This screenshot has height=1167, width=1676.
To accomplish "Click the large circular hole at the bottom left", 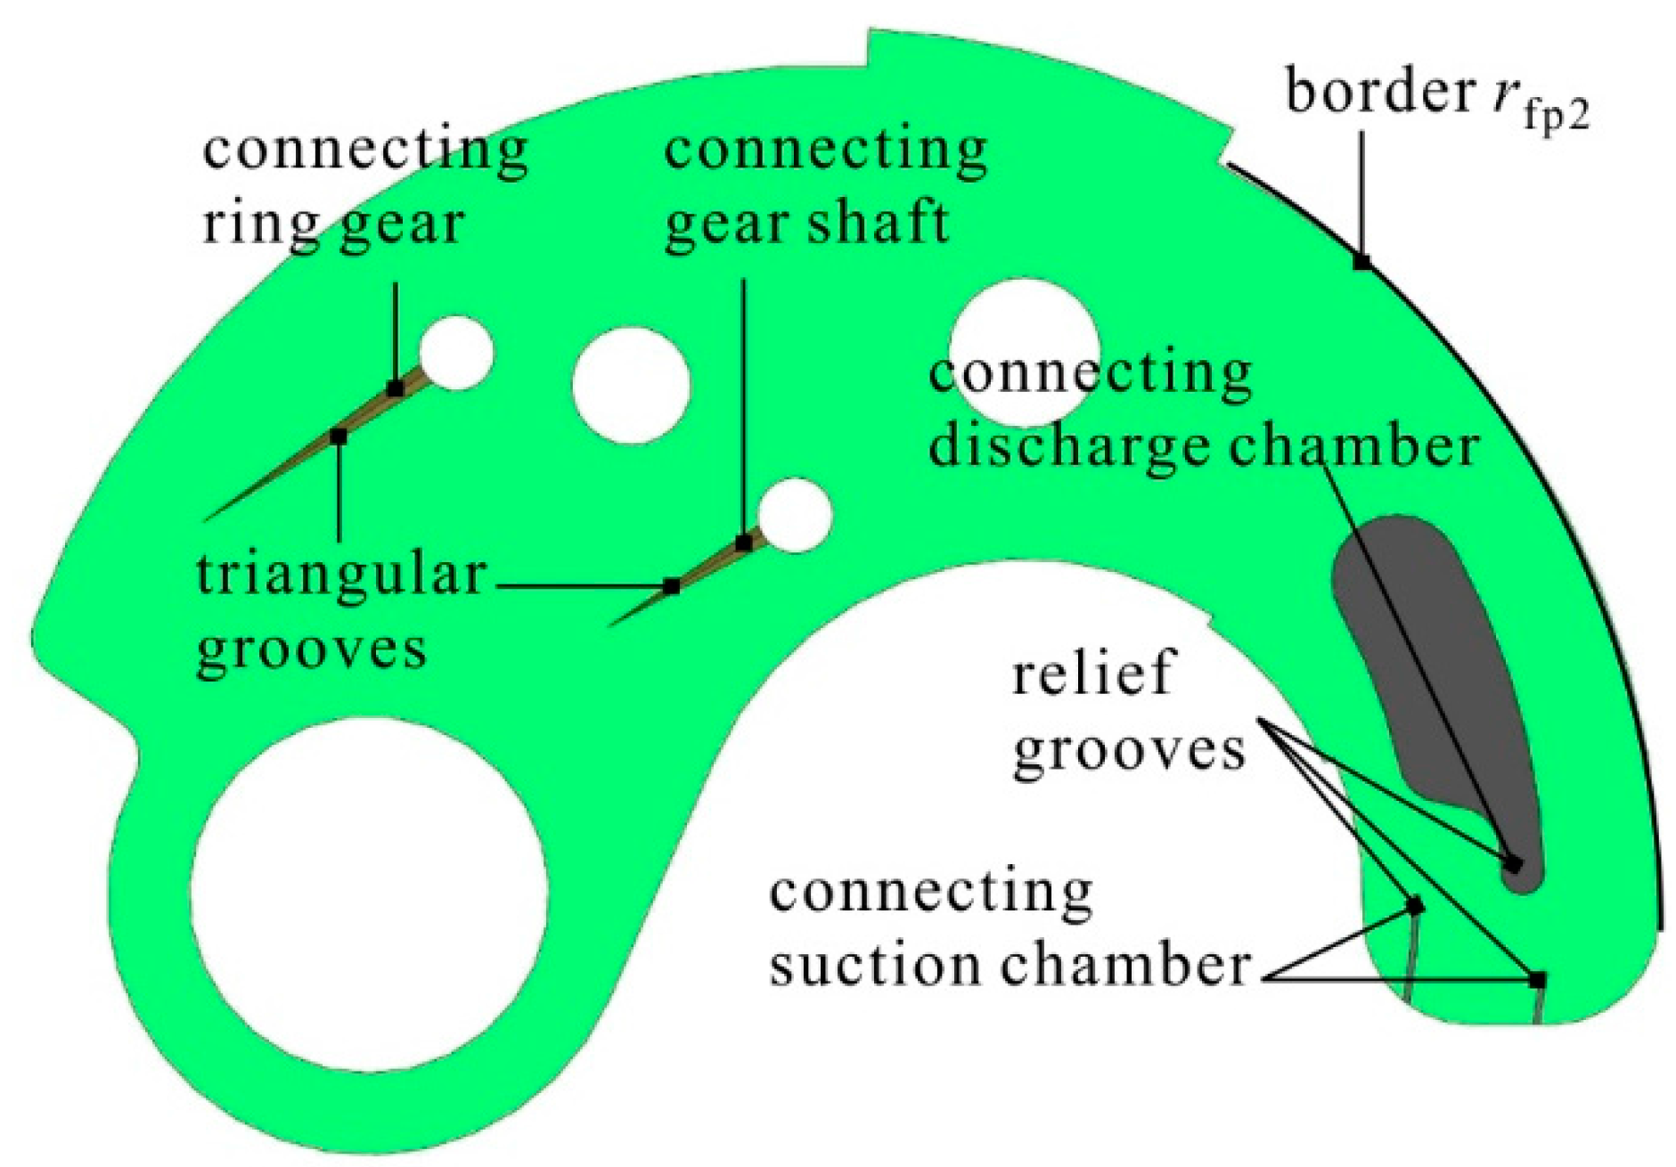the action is tap(369, 894).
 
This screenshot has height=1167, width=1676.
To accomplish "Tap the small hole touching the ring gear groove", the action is tap(456, 353).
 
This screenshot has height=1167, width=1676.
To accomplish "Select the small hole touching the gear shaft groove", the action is tap(794, 515).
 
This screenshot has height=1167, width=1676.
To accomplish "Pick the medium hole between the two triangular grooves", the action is tap(631, 385).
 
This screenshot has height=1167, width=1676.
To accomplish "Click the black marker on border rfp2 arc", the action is tap(1361, 262).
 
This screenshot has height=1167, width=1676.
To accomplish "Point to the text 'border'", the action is tap(1378, 92).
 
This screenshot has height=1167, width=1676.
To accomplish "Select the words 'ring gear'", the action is tap(333, 223).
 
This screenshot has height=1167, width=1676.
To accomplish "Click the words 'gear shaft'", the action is tap(806, 223).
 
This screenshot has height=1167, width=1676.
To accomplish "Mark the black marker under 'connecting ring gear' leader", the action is tap(396, 388).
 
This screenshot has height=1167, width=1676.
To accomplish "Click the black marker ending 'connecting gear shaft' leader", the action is tap(744, 543).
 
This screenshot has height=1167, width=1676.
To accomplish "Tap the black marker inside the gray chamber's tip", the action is tap(1512, 863).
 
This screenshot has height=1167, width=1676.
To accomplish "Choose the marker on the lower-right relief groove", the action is tap(1538, 980).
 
